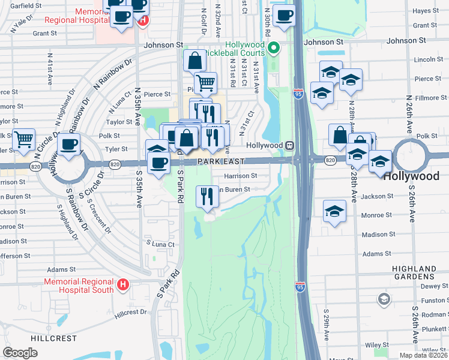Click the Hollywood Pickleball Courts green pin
coord(274,48)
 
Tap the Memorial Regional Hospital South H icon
coord(123,284)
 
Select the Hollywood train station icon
coord(289,145)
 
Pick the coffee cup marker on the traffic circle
coord(69,144)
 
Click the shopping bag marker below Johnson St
coord(195,61)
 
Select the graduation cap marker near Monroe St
coord(334,211)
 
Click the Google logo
coord(20,353)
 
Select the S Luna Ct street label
coord(160,244)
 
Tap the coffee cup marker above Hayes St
coord(283,15)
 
